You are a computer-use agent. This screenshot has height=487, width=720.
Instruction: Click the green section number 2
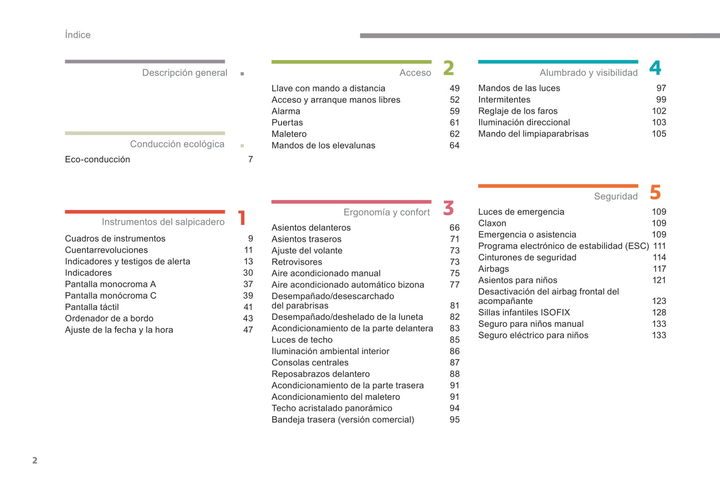[448, 68]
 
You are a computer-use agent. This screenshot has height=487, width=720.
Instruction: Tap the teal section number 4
[655, 68]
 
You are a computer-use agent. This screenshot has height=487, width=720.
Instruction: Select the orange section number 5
[655, 192]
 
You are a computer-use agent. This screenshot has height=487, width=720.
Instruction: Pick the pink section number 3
[448, 208]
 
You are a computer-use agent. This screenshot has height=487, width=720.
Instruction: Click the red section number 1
[242, 218]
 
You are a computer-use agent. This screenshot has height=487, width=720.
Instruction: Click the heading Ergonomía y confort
[386, 212]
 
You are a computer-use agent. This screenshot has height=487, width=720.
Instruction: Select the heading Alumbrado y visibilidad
[588, 73]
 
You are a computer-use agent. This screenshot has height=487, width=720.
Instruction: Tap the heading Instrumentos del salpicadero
[163, 222]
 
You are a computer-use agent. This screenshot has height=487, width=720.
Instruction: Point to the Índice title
[78, 35]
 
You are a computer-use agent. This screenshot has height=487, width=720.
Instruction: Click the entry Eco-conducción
[98, 160]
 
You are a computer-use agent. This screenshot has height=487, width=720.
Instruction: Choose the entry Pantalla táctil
[92, 307]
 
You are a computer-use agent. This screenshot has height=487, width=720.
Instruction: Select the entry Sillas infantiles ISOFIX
[524, 313]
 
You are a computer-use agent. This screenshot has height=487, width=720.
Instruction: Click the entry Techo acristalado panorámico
[331, 408]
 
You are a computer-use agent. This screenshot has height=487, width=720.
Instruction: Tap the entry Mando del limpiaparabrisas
[533, 134]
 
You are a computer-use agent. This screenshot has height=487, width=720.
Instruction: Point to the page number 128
[659, 313]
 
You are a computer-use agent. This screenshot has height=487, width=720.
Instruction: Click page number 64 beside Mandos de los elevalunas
[454, 146]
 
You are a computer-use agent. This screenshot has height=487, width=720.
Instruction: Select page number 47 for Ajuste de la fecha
[248, 330]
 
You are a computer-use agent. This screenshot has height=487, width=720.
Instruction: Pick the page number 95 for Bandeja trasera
[454, 420]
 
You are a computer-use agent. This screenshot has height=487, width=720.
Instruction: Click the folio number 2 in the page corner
[35, 460]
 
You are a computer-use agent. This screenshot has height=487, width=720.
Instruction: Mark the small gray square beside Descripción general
[242, 74]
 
